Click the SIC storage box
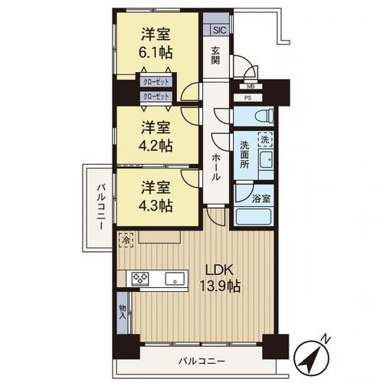219,31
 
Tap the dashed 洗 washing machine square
264,141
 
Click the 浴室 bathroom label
262,198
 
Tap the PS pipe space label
247,98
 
